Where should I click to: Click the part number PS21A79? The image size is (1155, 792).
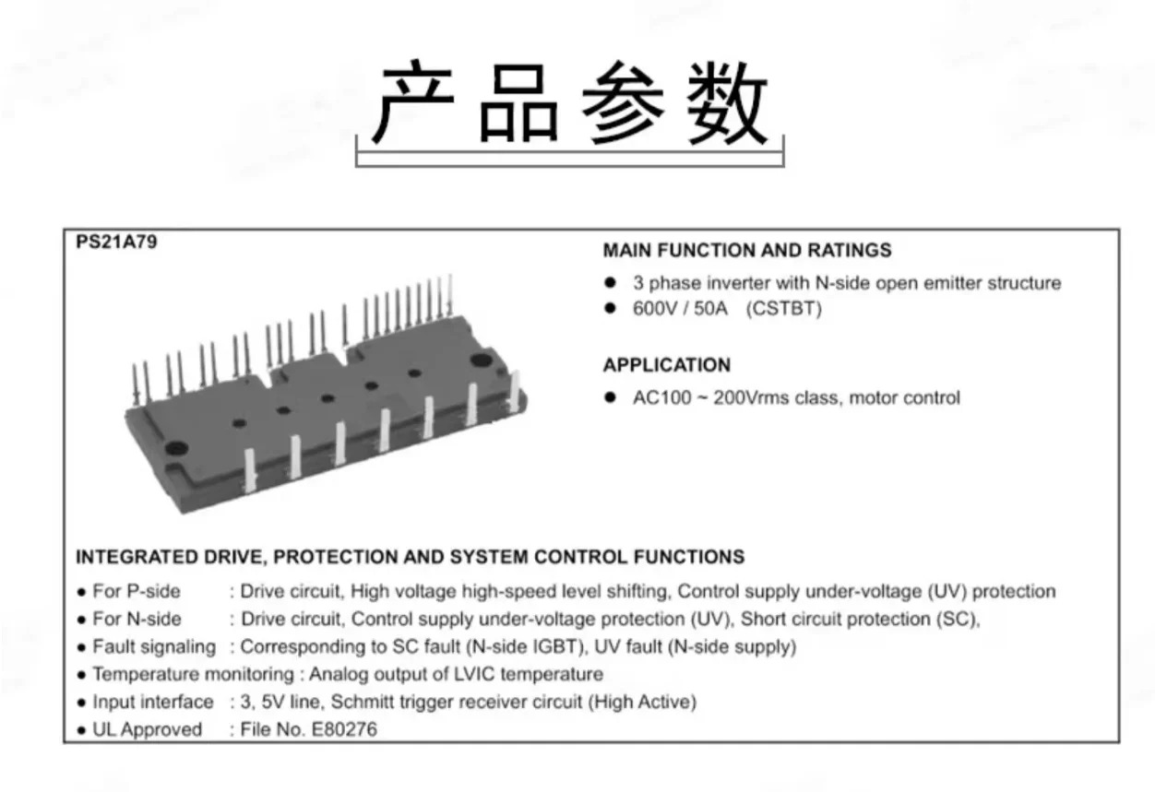click(116, 242)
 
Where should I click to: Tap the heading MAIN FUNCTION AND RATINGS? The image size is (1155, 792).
click(747, 250)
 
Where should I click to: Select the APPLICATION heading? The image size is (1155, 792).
click(667, 365)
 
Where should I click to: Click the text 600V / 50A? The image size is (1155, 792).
click(680, 309)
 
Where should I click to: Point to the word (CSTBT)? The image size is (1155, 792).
click(784, 309)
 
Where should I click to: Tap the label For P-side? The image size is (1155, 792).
click(137, 591)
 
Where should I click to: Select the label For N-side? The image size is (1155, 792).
click(137, 619)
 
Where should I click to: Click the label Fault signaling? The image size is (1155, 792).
click(154, 646)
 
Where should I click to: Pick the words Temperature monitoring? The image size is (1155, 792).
click(193, 674)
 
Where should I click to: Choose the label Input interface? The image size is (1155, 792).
click(152, 702)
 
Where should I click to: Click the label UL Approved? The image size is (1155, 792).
click(147, 729)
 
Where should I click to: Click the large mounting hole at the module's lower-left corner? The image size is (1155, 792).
click(176, 448)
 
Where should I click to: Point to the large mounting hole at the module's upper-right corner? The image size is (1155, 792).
click(481, 360)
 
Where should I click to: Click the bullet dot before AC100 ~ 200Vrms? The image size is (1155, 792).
click(610, 397)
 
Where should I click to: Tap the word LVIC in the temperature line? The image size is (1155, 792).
click(471, 674)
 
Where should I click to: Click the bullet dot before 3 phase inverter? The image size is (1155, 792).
click(610, 282)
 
